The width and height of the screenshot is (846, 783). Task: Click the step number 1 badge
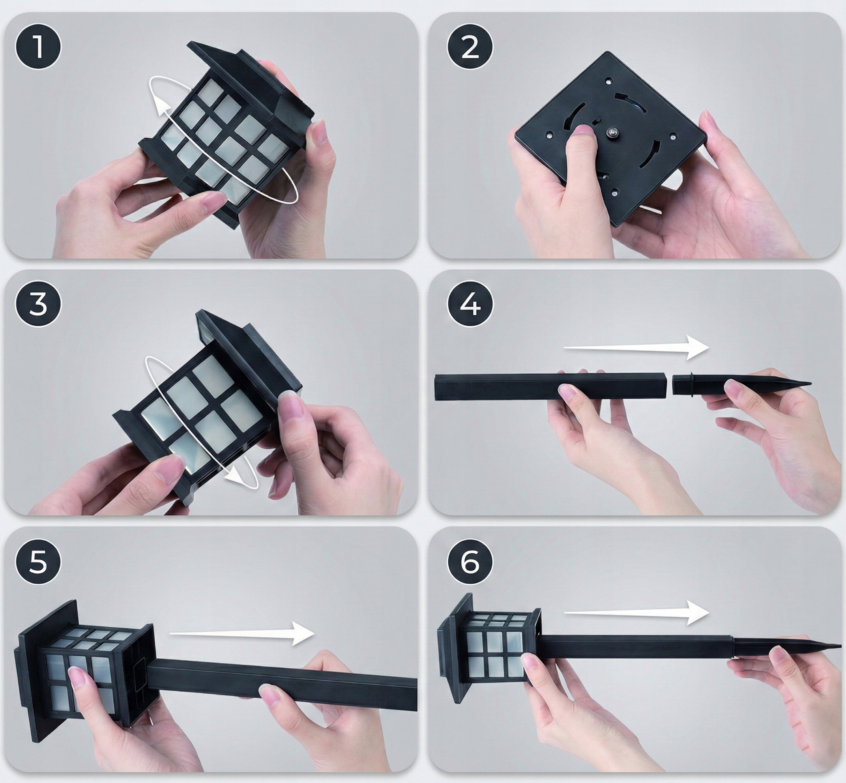(x=38, y=47)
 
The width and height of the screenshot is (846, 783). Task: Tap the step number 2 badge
(x=470, y=47)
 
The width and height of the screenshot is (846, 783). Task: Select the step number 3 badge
(x=38, y=304)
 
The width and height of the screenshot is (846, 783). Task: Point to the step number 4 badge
(x=470, y=304)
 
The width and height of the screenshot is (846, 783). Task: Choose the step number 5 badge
(x=38, y=562)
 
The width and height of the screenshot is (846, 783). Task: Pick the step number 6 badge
(x=470, y=562)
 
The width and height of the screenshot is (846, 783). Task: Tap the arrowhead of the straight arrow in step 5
(x=303, y=634)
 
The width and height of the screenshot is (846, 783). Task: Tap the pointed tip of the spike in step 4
(x=810, y=384)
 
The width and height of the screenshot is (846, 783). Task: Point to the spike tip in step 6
(x=840, y=646)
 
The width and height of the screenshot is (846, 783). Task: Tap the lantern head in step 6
(x=489, y=644)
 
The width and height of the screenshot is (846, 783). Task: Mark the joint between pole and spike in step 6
(x=732, y=644)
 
